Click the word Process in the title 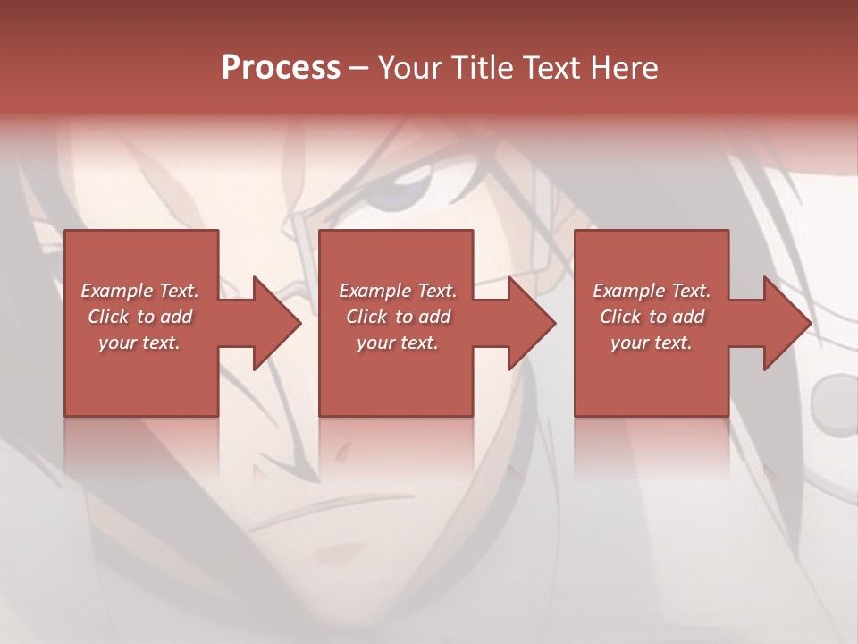point(281,68)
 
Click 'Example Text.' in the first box point(139,291)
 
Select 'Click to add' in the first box point(139,317)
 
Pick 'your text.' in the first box point(139,343)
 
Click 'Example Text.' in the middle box point(398,291)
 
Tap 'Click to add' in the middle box point(398,317)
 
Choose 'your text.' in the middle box point(398,343)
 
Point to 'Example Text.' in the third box point(652,291)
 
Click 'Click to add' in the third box point(652,317)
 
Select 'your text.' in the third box point(652,343)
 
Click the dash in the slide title point(359,68)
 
